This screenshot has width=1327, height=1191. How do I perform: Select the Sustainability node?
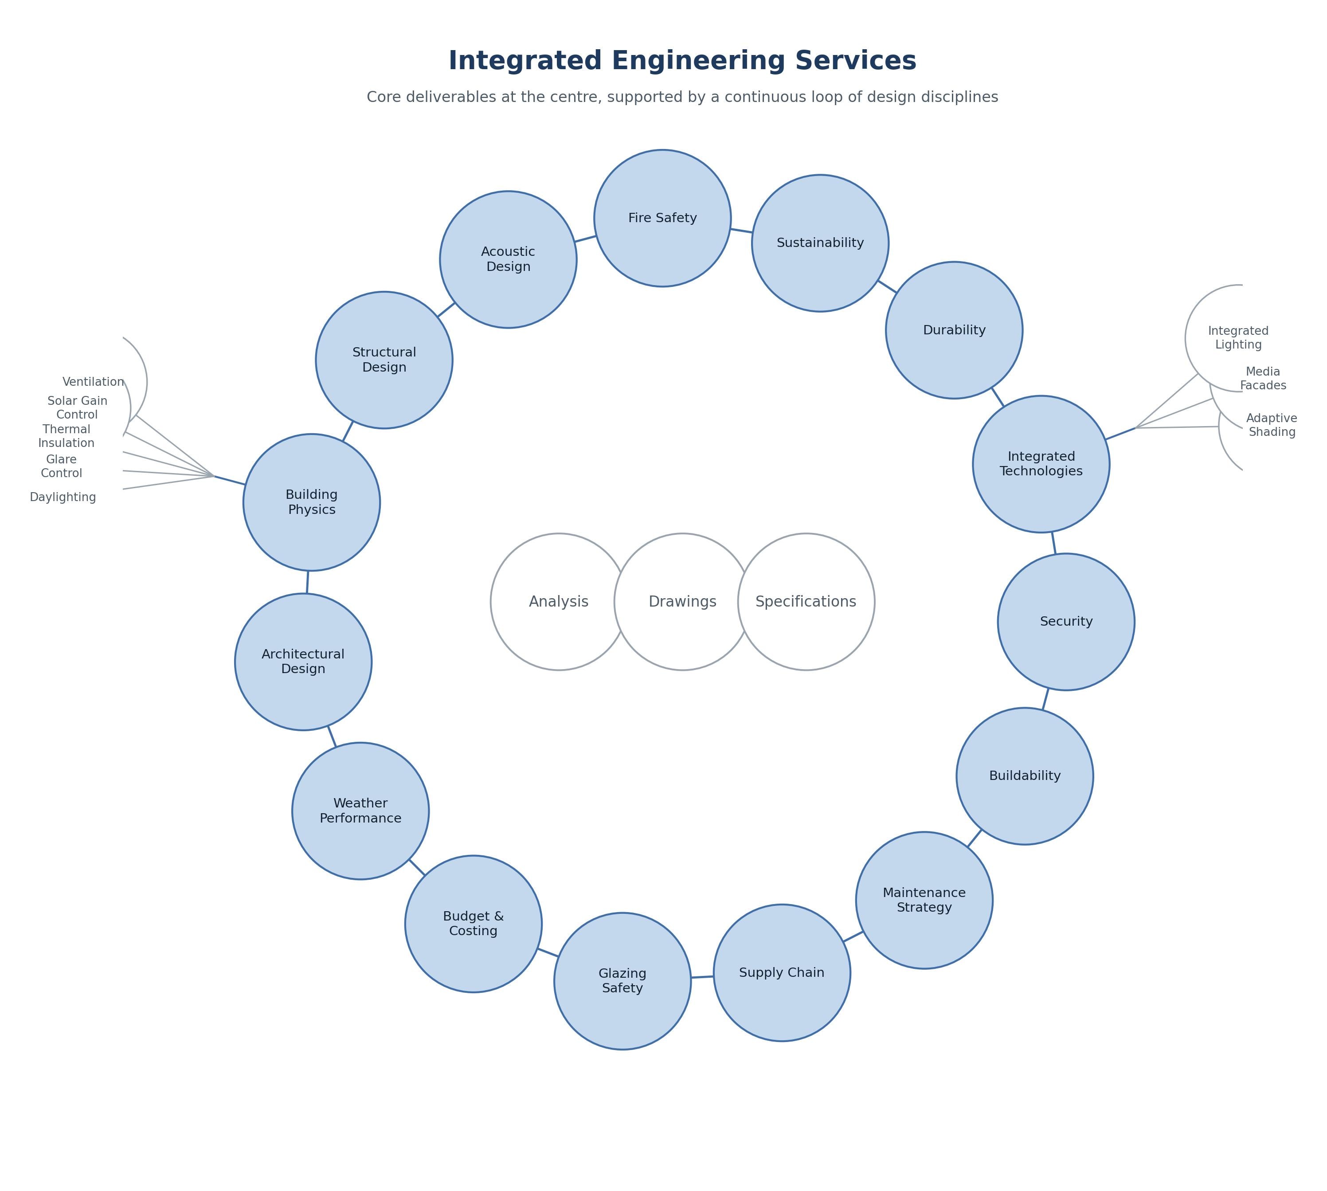coord(820,243)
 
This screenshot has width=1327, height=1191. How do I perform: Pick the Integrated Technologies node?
coord(1041,464)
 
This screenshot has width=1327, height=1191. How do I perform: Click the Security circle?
coord(1066,622)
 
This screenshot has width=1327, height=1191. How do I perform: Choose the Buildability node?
coord(1025,776)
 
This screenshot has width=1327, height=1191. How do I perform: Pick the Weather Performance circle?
coord(360,811)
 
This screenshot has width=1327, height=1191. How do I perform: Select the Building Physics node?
coord(311,502)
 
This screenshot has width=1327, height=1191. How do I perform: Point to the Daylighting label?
coord(63,498)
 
